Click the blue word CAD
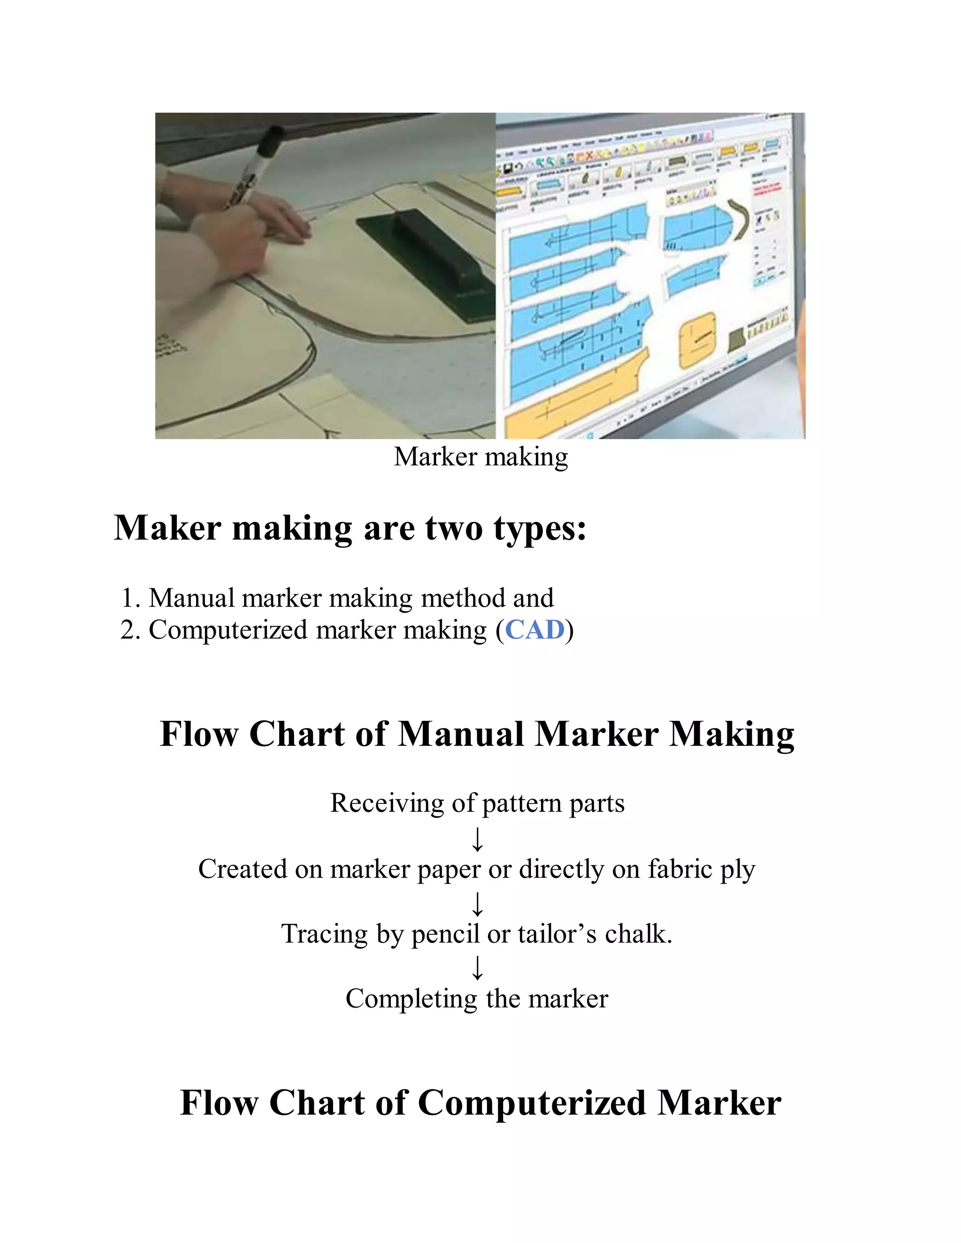tap(534, 630)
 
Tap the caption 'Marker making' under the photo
tap(480, 457)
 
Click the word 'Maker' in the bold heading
tap(168, 528)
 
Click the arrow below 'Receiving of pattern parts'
tap(478, 840)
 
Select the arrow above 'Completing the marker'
tap(478, 968)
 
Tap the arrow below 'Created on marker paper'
tap(478, 904)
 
